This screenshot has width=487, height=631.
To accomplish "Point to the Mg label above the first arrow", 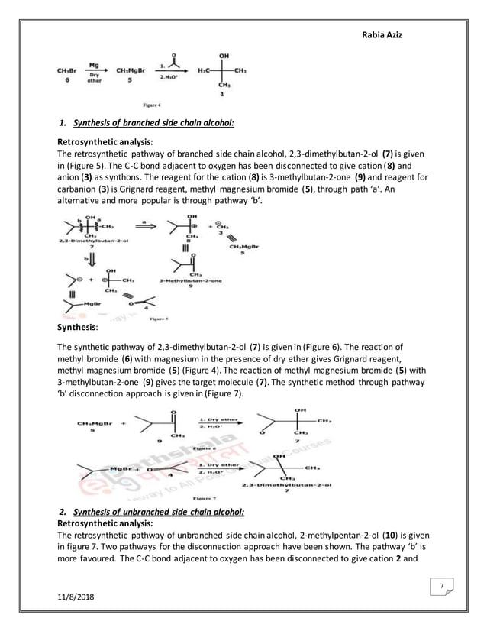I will [94, 65].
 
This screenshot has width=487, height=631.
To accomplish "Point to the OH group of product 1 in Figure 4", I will [224, 56].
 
